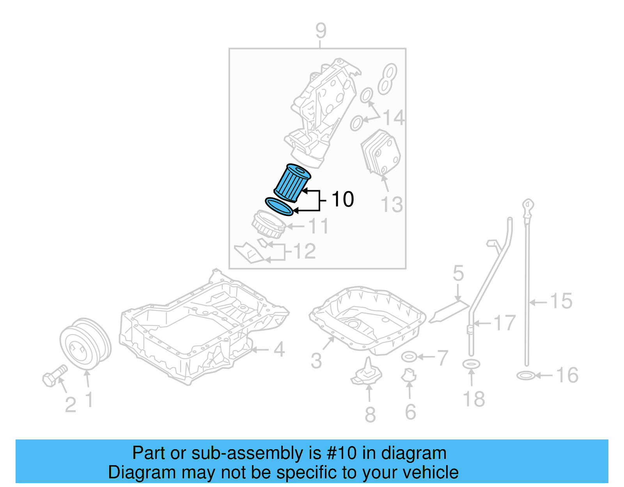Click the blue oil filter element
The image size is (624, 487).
[x=292, y=183]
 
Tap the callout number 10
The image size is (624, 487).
[x=342, y=199]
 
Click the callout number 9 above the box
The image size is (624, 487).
[x=321, y=31]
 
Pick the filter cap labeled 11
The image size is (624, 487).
[x=269, y=225]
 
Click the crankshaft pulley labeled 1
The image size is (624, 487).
[x=85, y=344]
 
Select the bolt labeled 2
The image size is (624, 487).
[x=55, y=375]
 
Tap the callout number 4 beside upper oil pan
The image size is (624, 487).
[x=279, y=349]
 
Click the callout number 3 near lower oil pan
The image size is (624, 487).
[x=316, y=361]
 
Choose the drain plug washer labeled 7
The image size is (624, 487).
[x=409, y=357]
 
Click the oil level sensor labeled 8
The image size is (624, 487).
[x=367, y=372]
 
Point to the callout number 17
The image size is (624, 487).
[x=505, y=323]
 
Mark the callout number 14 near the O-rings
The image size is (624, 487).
[x=394, y=117]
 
